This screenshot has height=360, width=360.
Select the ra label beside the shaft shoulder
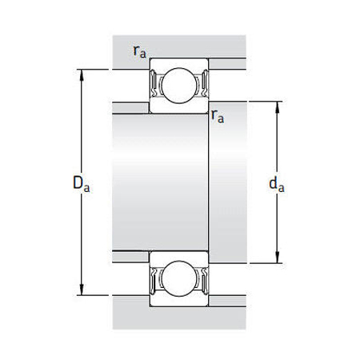216,117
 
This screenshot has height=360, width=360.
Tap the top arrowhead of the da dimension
279,105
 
